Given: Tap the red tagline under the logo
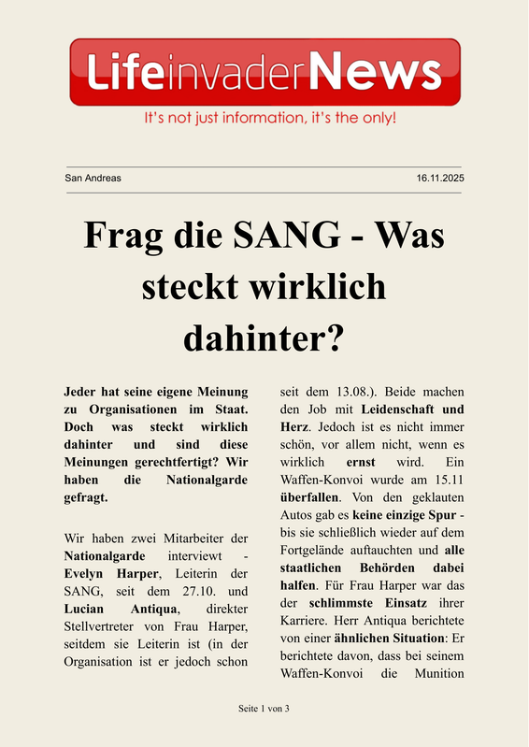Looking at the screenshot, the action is [x=269, y=120].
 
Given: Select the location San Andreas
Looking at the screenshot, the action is [x=93, y=178].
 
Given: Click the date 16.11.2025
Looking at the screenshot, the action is [x=440, y=178].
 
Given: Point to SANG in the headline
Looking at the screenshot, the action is [x=290, y=234].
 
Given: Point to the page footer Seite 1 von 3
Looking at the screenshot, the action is [x=264, y=708].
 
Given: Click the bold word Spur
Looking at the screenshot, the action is [x=437, y=512].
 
